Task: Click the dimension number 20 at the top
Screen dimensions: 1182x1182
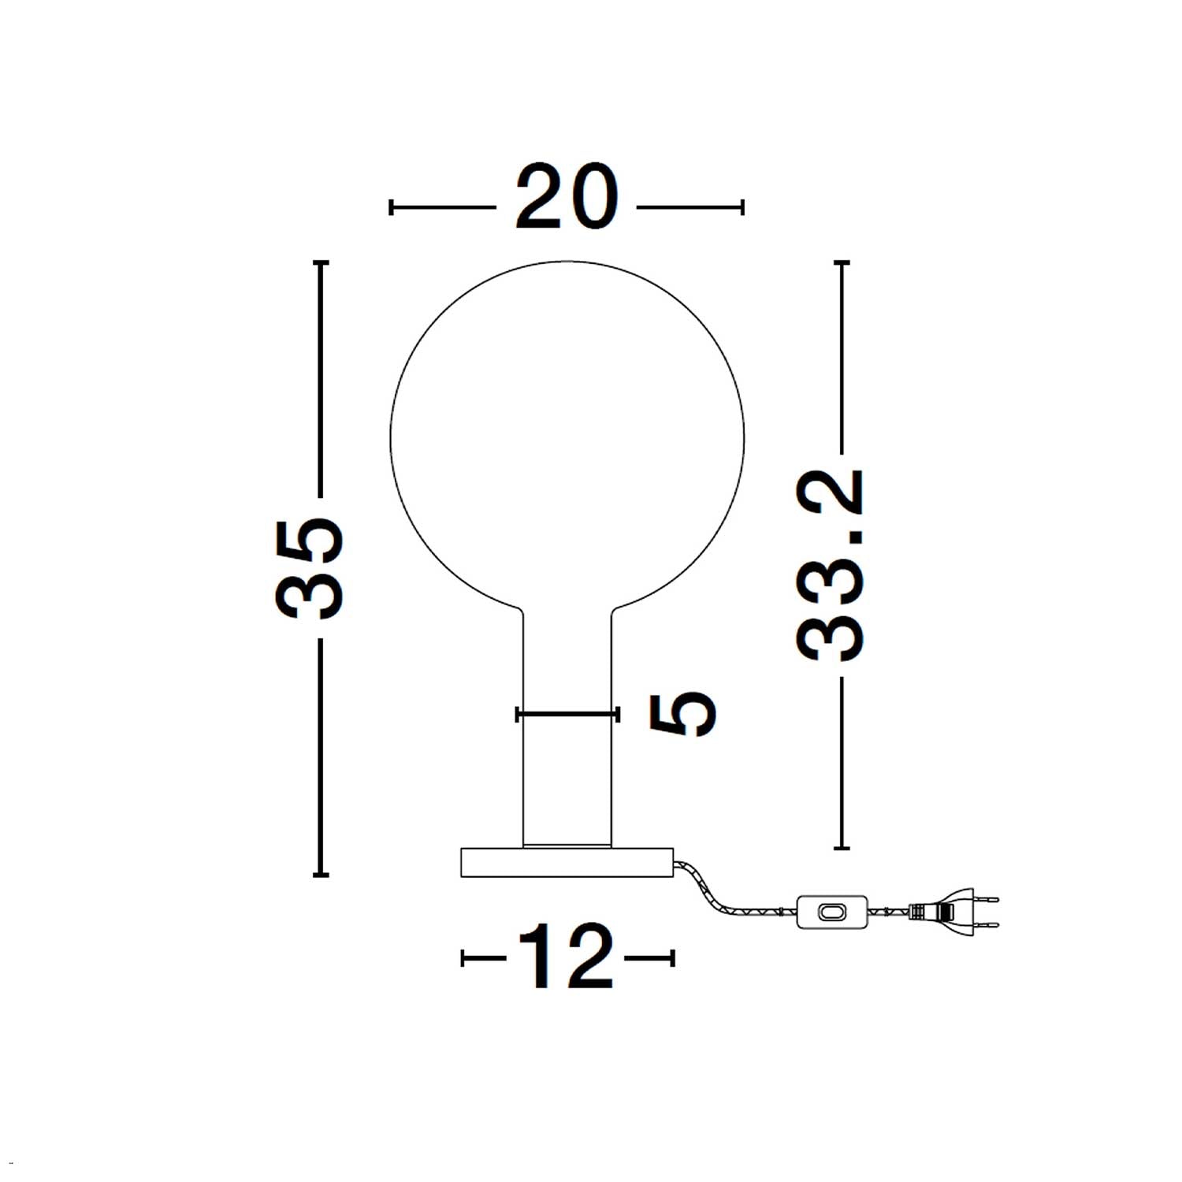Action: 566,198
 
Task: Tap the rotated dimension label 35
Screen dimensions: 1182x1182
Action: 309,567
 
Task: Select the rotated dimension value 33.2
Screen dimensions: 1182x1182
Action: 830,565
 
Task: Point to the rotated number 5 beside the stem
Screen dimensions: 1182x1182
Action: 682,714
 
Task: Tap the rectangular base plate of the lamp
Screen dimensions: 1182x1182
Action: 567,862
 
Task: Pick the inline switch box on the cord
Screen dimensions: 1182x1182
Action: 832,912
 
